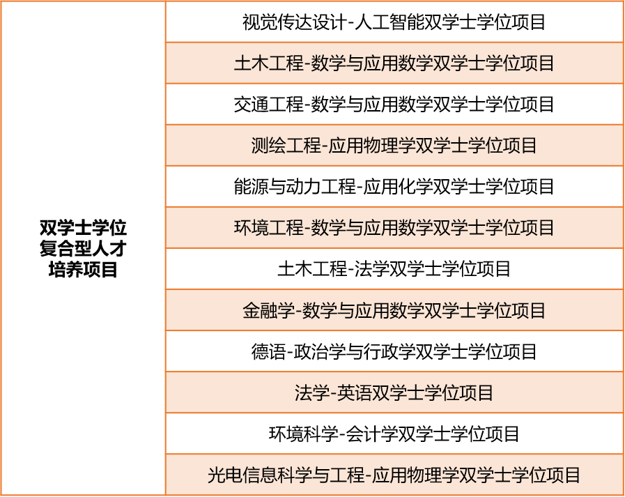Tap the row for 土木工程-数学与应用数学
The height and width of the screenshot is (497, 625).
[x=394, y=63]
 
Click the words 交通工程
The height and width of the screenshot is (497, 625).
[x=269, y=105]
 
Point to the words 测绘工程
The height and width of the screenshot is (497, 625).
[x=286, y=146]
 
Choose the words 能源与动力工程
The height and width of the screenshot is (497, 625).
[x=295, y=187]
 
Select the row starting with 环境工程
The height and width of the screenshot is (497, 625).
[x=394, y=228]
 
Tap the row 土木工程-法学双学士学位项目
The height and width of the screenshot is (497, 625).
[x=394, y=269]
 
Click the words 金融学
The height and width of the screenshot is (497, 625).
[x=269, y=310]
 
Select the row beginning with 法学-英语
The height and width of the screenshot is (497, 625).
[x=394, y=392]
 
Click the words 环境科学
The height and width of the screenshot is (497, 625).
[x=304, y=434]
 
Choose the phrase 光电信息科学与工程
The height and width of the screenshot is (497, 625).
[x=286, y=475]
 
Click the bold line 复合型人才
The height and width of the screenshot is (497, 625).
[x=83, y=248]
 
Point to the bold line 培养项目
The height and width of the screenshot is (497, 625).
[x=83, y=269]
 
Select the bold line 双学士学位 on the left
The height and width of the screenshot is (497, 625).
[x=83, y=228]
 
